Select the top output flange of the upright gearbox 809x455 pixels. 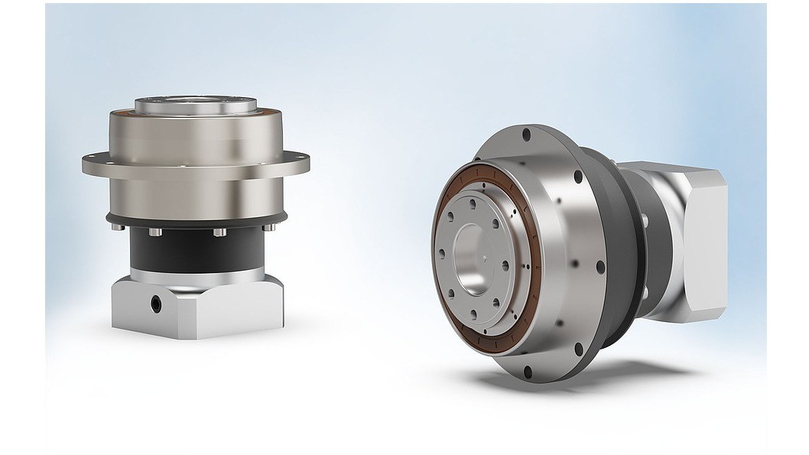pyautogui.click(x=196, y=105)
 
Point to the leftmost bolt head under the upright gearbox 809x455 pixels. pyautogui.click(x=115, y=227)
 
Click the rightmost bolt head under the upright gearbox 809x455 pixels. pyautogui.click(x=268, y=227)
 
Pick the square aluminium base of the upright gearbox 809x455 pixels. pyautogui.click(x=196, y=310)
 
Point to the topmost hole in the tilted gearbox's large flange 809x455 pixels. pyautogui.click(x=526, y=135)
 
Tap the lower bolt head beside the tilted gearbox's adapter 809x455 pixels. pyautogui.click(x=644, y=291)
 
